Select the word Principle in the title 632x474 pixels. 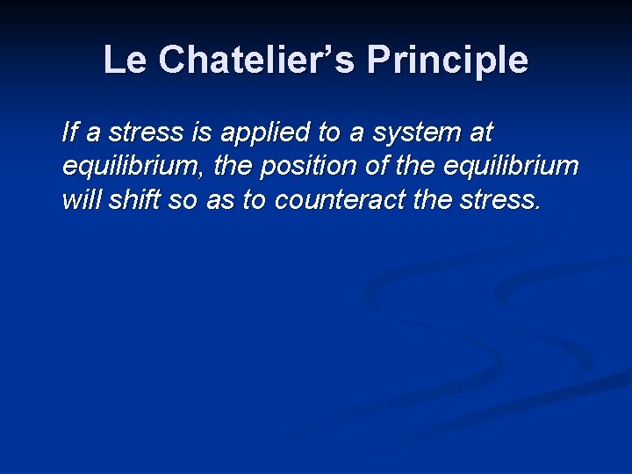[448, 61]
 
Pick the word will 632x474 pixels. [81, 200]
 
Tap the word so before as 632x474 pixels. [183, 201]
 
